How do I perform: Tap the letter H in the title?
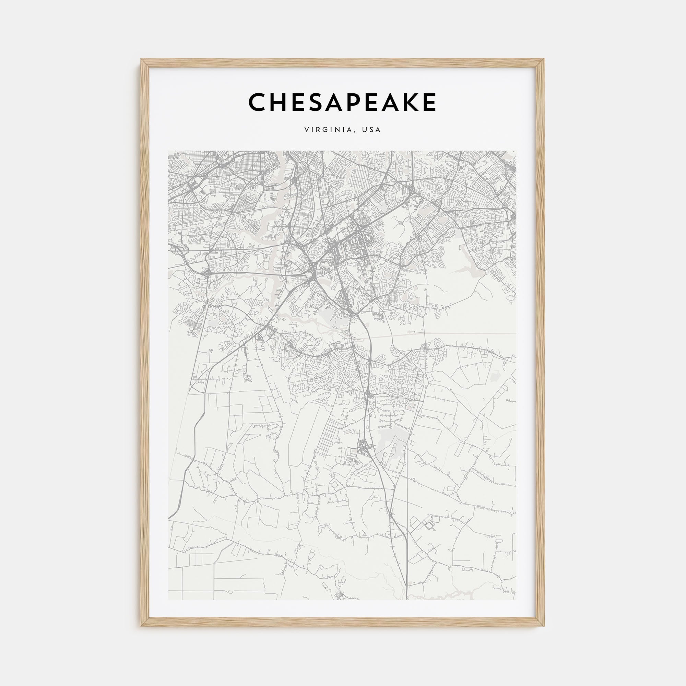(x=281, y=102)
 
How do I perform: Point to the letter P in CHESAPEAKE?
(x=359, y=102)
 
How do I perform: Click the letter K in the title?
(x=409, y=102)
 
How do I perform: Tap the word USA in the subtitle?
(x=371, y=130)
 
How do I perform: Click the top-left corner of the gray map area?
(x=169, y=151)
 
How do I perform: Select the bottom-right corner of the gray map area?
(x=517, y=600)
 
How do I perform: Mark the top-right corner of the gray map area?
(x=517, y=151)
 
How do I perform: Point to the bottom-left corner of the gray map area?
(x=169, y=600)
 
